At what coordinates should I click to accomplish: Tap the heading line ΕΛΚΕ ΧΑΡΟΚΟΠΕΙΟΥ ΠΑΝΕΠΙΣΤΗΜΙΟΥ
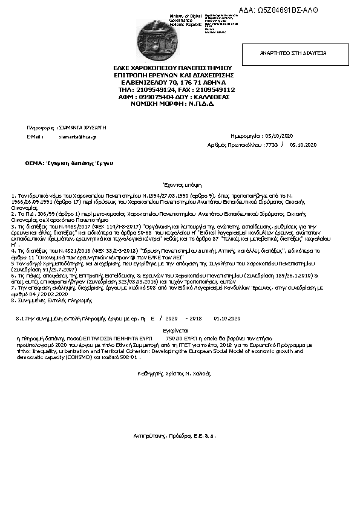click(173, 68)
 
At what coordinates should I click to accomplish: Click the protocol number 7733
click(272, 145)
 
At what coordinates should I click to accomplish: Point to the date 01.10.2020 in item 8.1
click(227, 317)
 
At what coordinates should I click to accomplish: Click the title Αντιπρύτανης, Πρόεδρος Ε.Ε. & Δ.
click(175, 435)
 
